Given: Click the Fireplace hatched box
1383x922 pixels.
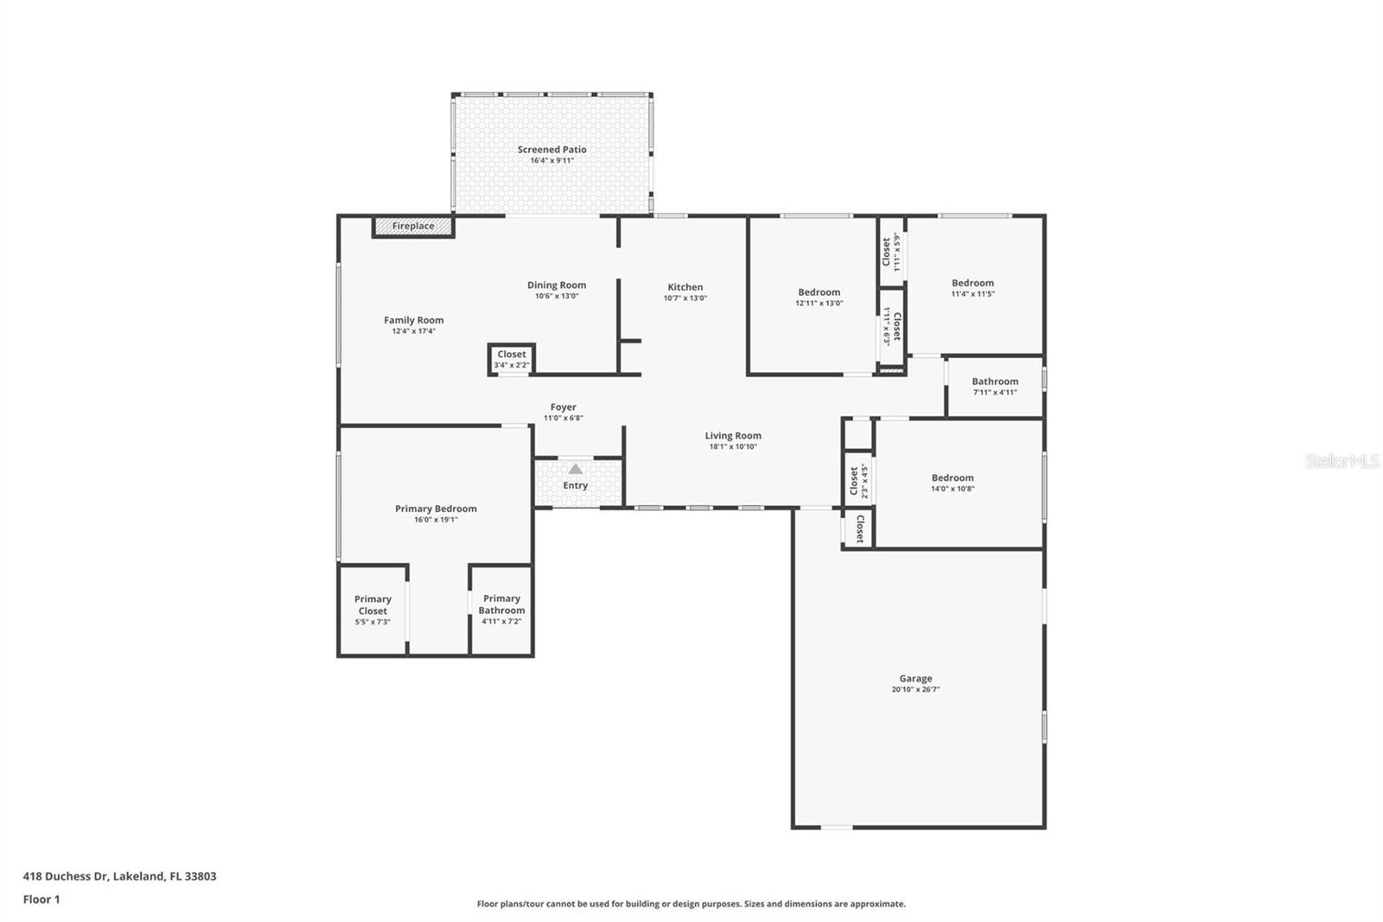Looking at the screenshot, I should tap(413, 227).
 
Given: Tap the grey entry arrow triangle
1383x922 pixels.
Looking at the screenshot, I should tap(575, 469).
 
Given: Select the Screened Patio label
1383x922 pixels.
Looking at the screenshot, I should tap(551, 150).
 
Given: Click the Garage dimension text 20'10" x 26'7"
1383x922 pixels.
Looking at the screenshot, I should tap(915, 689).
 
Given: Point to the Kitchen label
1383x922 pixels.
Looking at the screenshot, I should tap(685, 287).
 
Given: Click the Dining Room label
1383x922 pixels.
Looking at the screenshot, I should tap(557, 285).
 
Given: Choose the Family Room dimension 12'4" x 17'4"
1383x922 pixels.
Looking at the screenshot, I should tap(413, 331).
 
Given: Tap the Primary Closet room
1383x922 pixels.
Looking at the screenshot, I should tap(373, 609).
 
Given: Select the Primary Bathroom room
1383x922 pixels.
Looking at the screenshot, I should tap(501, 609).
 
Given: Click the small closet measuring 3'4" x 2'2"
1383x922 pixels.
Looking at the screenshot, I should tap(511, 359).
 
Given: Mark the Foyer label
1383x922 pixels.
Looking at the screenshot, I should tap(563, 407).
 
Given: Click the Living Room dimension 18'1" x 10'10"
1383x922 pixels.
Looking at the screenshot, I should tap(733, 447).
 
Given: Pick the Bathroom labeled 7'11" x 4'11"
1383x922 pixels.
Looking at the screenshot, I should tap(995, 386).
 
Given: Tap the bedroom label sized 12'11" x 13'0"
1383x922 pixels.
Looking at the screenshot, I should tap(819, 292).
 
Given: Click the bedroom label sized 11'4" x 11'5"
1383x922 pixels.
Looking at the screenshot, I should tap(972, 283).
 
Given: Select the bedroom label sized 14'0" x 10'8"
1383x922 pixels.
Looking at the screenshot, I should tap(953, 477).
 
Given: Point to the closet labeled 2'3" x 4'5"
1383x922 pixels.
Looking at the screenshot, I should tap(857, 481).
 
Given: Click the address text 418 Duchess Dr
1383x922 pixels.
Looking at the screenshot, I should tap(119, 876).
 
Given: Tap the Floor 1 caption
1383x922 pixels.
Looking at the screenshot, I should tap(41, 900).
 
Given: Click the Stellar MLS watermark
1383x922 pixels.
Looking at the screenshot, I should tap(1342, 461).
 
